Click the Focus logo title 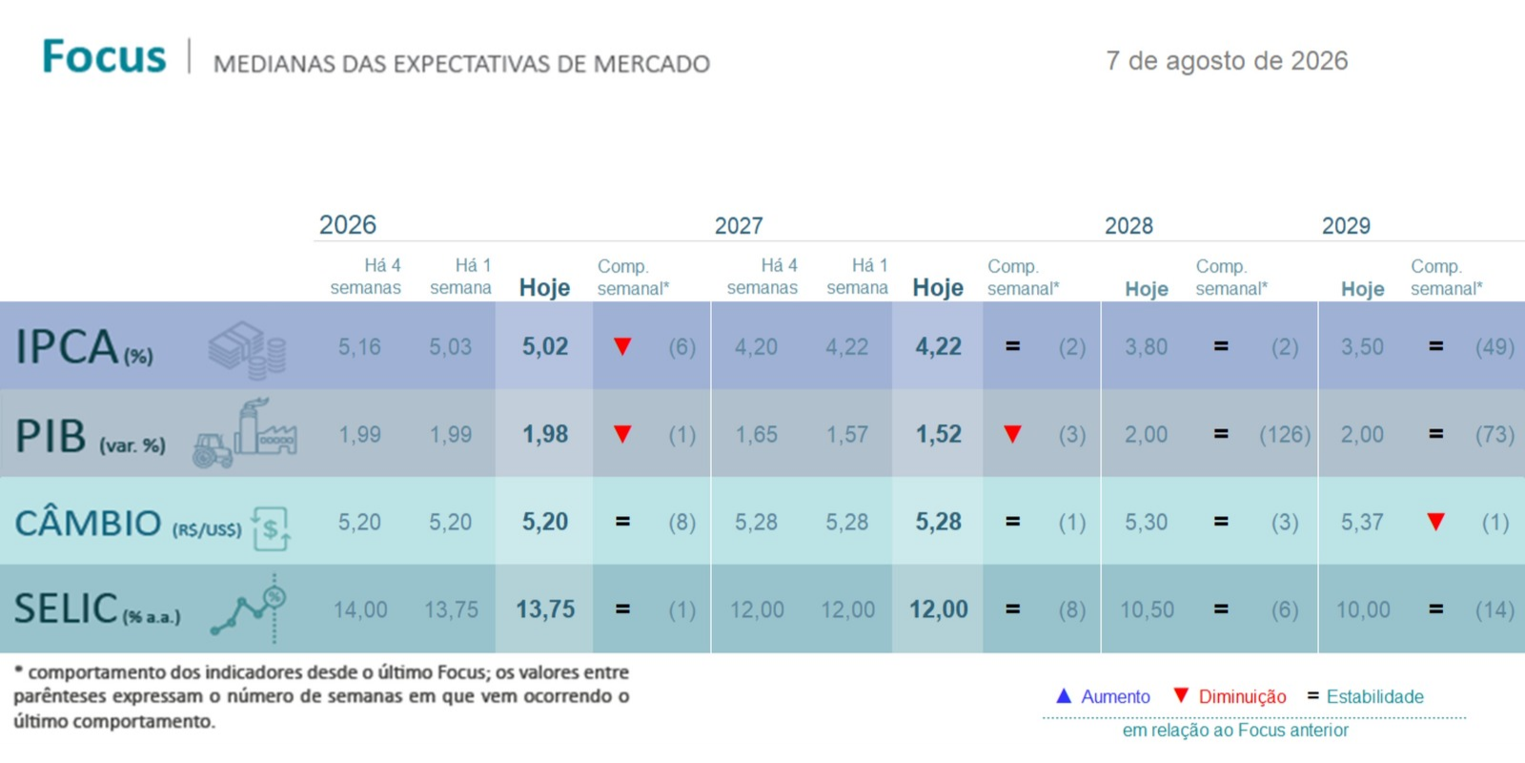click(x=104, y=56)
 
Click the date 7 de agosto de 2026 click(x=1226, y=61)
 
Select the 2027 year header click(x=739, y=225)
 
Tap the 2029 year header click(x=1346, y=225)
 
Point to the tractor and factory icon click(x=245, y=433)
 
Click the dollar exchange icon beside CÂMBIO click(x=271, y=528)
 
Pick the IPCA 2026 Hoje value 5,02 click(x=544, y=347)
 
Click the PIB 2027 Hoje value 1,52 click(x=938, y=434)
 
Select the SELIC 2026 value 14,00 click(x=360, y=609)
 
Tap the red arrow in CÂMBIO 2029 click(x=1435, y=522)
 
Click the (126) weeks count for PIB click(x=1285, y=435)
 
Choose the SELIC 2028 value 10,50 click(x=1148, y=609)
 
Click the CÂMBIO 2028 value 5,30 click(x=1146, y=522)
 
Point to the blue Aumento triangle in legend click(x=1064, y=695)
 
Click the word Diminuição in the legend click(x=1243, y=697)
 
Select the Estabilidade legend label click(x=1375, y=697)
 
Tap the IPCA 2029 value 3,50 click(x=1362, y=347)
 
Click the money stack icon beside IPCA click(x=247, y=350)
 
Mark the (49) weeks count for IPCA click(x=1495, y=347)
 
